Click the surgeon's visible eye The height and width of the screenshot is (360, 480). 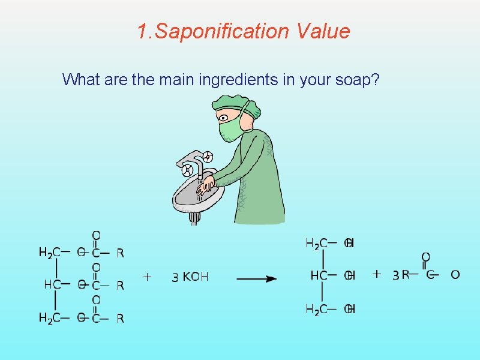(224, 117)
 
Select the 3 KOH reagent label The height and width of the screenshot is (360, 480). (190, 277)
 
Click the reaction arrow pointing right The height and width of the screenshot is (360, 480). (256, 278)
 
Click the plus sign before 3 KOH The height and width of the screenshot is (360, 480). (147, 277)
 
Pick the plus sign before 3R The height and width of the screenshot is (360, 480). (376, 274)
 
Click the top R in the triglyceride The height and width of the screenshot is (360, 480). (121, 253)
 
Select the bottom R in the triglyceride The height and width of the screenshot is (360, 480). (121, 319)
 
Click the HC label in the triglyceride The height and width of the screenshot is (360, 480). (52, 285)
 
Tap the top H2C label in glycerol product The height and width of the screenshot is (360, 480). (316, 243)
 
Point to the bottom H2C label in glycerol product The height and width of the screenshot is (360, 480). (316, 309)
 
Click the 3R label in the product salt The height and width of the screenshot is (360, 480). (401, 275)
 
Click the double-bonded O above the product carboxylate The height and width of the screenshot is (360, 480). (425, 257)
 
